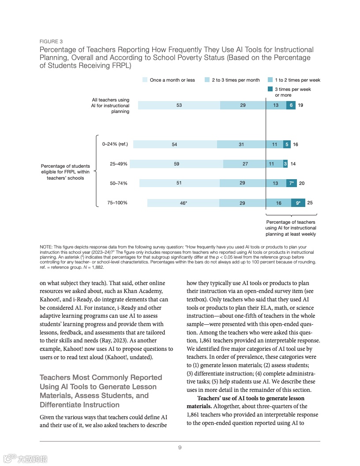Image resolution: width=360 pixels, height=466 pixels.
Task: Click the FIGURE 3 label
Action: pyautogui.click(x=51, y=42)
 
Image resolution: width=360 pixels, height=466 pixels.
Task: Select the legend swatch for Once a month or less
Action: pyautogui.click(x=145, y=80)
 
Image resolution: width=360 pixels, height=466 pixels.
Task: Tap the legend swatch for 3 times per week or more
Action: pyautogui.click(x=270, y=89)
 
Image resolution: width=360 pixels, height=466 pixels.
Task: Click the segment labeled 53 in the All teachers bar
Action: pyautogui.click(x=179, y=105)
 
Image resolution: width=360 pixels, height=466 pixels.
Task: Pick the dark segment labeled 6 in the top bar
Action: pyautogui.click(x=291, y=105)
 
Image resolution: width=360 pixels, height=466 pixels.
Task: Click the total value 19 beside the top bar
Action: pyautogui.click(x=300, y=105)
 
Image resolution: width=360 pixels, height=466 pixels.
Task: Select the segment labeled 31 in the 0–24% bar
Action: pyautogui.click(x=241, y=144)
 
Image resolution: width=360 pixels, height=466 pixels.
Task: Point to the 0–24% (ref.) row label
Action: pyautogui.click(x=115, y=144)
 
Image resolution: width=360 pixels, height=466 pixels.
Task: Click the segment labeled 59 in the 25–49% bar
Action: pyautogui.click(x=176, y=164)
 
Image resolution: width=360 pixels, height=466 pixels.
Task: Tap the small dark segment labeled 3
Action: pyautogui.click(x=285, y=164)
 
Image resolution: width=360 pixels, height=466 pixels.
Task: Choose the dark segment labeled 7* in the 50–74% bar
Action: pyautogui.click(x=291, y=183)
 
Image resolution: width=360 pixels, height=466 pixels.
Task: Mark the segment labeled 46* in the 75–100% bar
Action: pyautogui.click(x=183, y=203)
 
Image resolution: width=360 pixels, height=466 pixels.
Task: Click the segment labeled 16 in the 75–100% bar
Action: pyautogui.click(x=278, y=203)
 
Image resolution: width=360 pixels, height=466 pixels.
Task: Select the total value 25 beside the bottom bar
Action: pyautogui.click(x=310, y=203)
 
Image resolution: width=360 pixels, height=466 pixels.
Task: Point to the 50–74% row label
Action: pyautogui.click(x=119, y=183)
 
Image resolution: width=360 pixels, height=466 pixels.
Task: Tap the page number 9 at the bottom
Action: pyautogui.click(x=180, y=447)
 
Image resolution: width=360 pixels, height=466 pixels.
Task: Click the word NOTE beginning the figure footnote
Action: pyautogui.click(x=45, y=247)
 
